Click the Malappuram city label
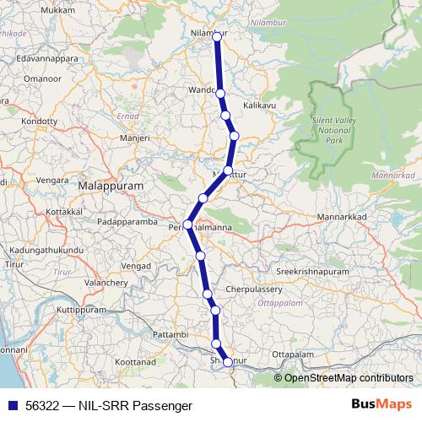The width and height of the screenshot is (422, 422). click(110, 185)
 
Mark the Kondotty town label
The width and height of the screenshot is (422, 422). click(41, 121)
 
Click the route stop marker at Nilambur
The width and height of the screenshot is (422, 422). click(216, 35)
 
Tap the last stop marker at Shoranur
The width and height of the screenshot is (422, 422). click(227, 363)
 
